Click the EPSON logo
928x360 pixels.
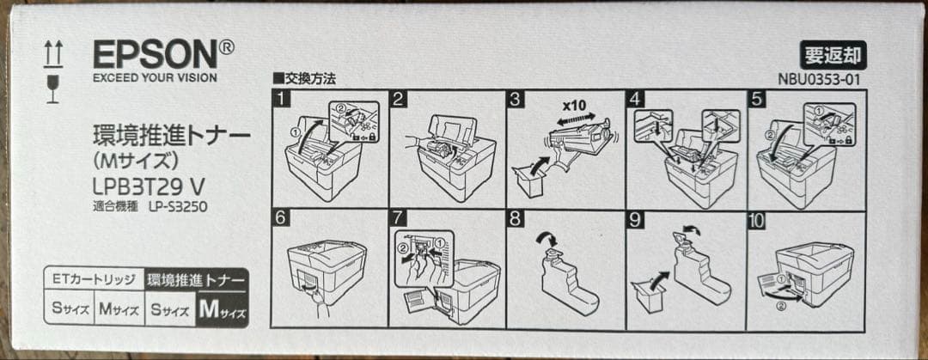pyautogui.click(x=156, y=54)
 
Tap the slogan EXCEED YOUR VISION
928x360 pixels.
pyautogui.click(x=155, y=77)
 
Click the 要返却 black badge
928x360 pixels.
pyautogui.click(x=833, y=55)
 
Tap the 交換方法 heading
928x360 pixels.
pyautogui.click(x=304, y=79)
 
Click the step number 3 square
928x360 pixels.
pyautogui.click(x=516, y=99)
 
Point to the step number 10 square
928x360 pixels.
pyautogui.click(x=757, y=220)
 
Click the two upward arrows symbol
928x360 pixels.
pyautogui.click(x=53, y=54)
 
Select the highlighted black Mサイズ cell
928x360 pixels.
pyautogui.click(x=222, y=309)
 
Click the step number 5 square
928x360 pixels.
pyautogui.click(x=757, y=99)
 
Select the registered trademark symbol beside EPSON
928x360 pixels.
pyautogui.click(x=227, y=46)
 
